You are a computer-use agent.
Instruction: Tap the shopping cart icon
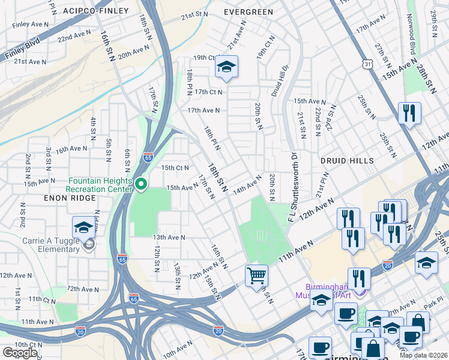[x=256, y=275]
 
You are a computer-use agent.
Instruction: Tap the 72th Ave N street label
[x=82, y=289]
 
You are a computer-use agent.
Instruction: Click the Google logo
[x=20, y=353]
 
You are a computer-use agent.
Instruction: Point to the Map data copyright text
[x=423, y=355]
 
